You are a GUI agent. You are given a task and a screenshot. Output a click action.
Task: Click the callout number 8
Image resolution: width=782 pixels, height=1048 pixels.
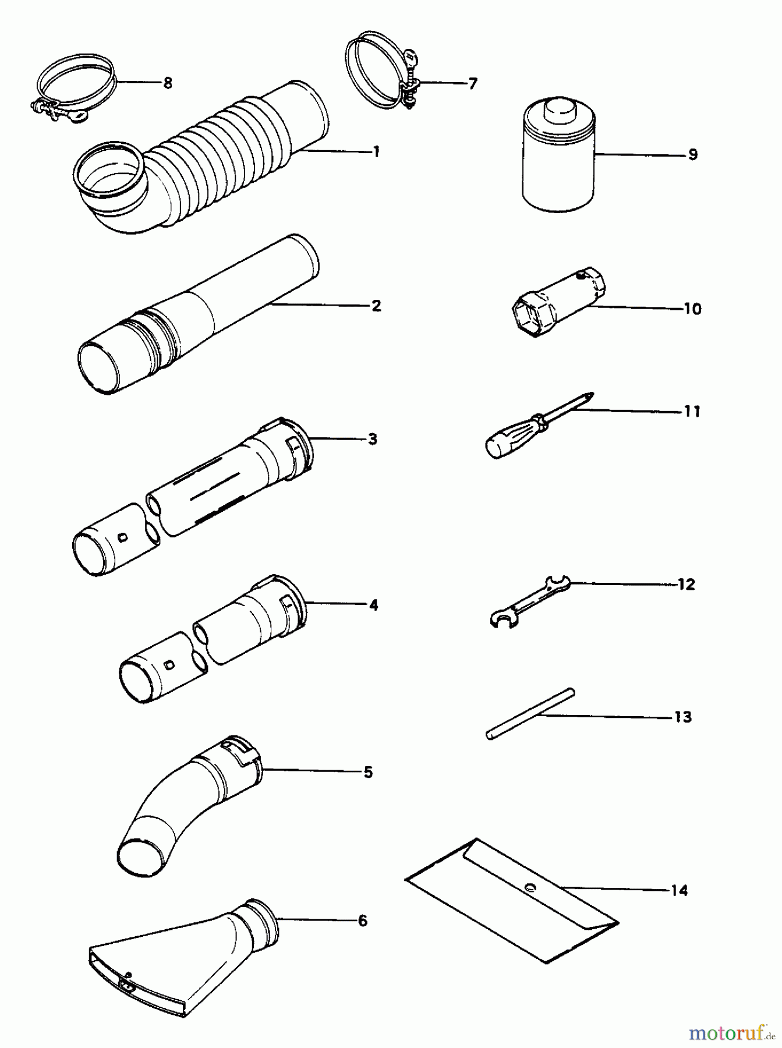point(168,83)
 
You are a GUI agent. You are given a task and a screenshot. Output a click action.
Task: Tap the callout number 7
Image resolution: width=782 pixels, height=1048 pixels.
point(472,84)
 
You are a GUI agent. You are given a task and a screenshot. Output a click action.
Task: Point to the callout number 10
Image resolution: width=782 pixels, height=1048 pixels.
point(692,309)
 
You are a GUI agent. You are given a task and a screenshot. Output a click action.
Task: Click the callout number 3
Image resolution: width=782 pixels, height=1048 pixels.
point(372,439)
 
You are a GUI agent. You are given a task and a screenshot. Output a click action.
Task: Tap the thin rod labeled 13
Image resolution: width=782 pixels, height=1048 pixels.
point(530,714)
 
